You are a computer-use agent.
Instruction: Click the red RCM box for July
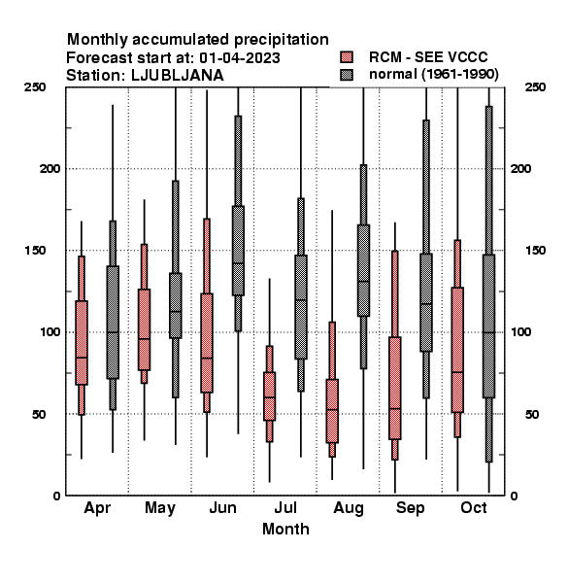[269, 396]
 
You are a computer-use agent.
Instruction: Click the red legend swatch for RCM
[347, 57]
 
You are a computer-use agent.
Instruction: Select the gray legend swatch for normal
[347, 75]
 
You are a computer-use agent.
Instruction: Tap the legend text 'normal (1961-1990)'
[433, 75]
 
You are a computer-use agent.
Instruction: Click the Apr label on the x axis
[97, 508]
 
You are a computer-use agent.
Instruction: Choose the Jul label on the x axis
[285, 507]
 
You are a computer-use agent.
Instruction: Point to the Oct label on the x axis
[473, 507]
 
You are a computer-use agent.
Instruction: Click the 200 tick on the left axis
[50, 168]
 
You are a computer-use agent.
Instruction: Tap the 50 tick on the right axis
[532, 414]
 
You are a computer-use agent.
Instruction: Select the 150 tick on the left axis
[35, 251]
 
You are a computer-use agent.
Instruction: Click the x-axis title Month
[285, 529]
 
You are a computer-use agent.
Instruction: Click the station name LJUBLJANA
[178, 76]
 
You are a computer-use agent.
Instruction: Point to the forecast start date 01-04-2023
[240, 57]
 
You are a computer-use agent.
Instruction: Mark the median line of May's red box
[144, 339]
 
